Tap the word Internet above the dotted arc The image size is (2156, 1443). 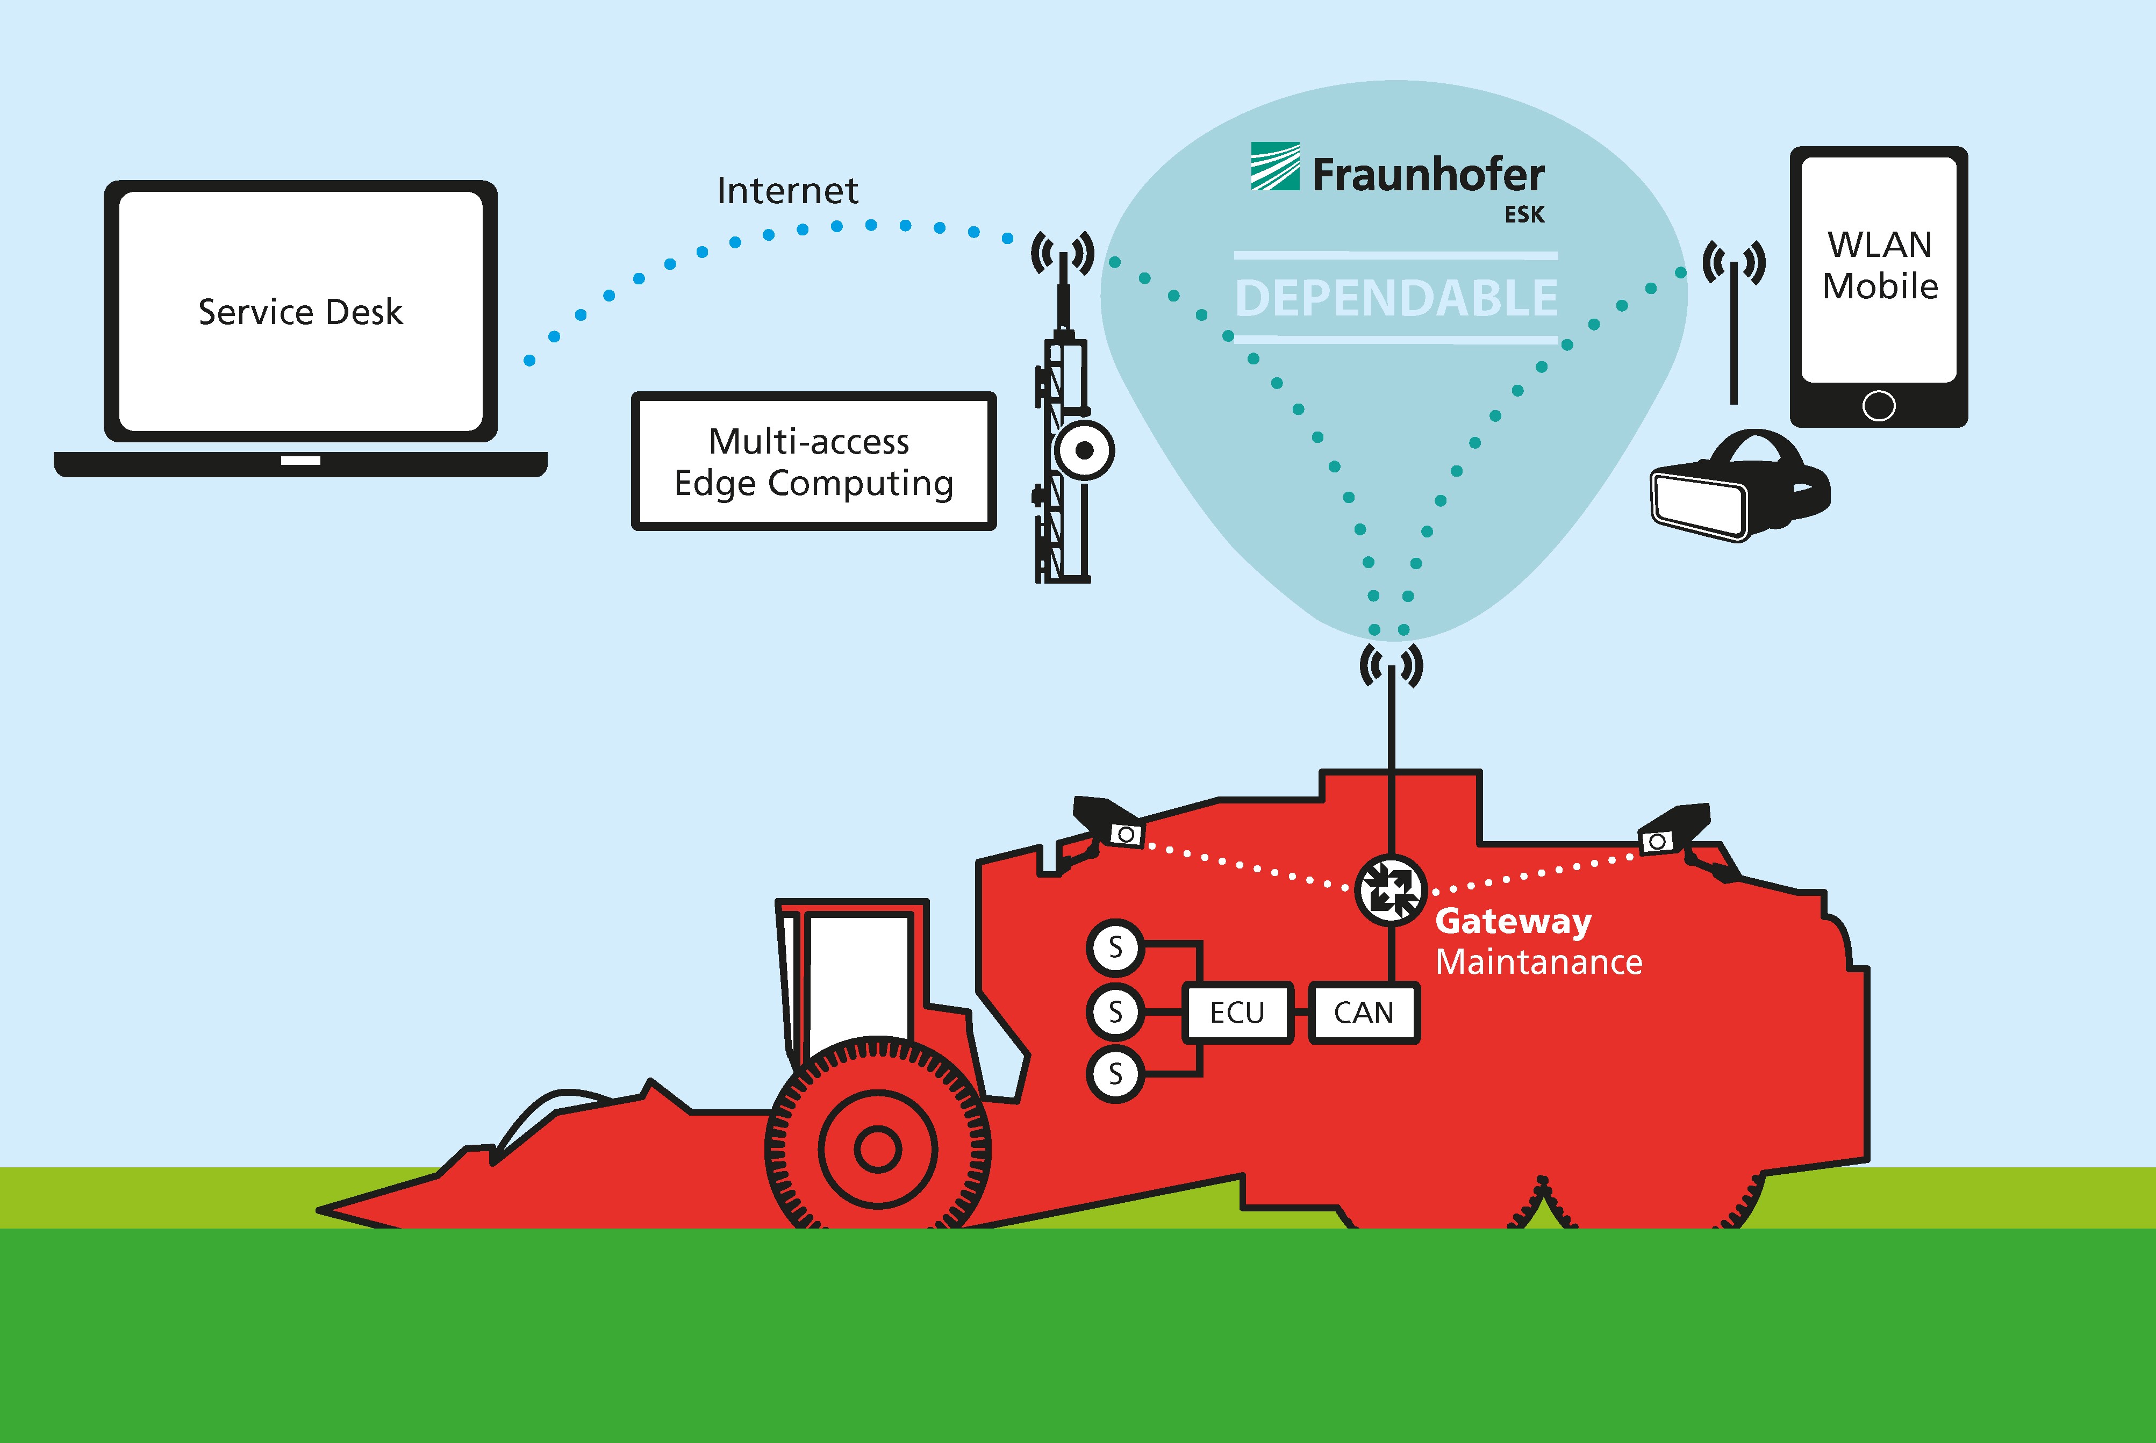pyautogui.click(x=787, y=190)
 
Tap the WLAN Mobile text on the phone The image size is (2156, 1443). pyautogui.click(x=1879, y=265)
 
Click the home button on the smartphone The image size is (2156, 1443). pyautogui.click(x=1878, y=406)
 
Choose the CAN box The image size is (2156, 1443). pyautogui.click(x=1364, y=1013)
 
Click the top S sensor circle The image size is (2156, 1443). pyautogui.click(x=1115, y=947)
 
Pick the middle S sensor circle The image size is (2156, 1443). pyautogui.click(x=1115, y=1011)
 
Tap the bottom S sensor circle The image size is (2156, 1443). pyautogui.click(x=1115, y=1073)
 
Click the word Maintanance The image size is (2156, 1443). pyautogui.click(x=1538, y=961)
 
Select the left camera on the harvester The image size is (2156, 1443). pyautogui.click(x=1109, y=824)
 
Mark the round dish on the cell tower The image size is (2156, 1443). pyautogui.click(x=1084, y=450)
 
